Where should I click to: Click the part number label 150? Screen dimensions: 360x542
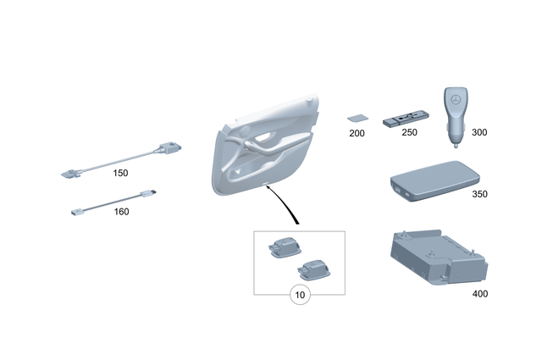pos(120,173)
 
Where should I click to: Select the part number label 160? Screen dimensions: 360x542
pos(121,212)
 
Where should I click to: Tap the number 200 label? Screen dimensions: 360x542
pos(357,134)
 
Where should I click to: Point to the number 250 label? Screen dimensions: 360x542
pos(409,134)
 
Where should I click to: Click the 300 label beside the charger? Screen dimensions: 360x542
pos(478,133)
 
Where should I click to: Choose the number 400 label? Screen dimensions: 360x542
pos(479,294)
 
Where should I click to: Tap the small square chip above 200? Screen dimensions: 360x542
pos(357,119)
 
